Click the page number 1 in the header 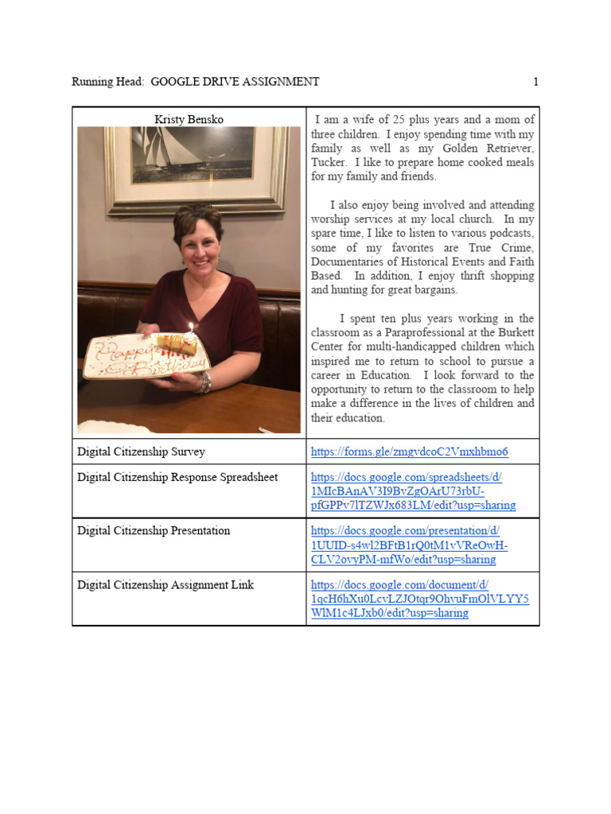[536, 82]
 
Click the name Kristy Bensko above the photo [189, 120]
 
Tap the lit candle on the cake [191, 328]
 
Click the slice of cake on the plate [173, 343]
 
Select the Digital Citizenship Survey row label [141, 452]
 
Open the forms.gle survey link [409, 452]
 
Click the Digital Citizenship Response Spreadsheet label [177, 478]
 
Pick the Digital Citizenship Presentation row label [154, 531]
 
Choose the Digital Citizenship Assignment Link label [165, 585]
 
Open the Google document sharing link [419, 599]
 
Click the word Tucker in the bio [328, 162]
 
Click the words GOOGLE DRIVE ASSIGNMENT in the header [235, 82]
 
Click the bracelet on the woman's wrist [205, 383]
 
